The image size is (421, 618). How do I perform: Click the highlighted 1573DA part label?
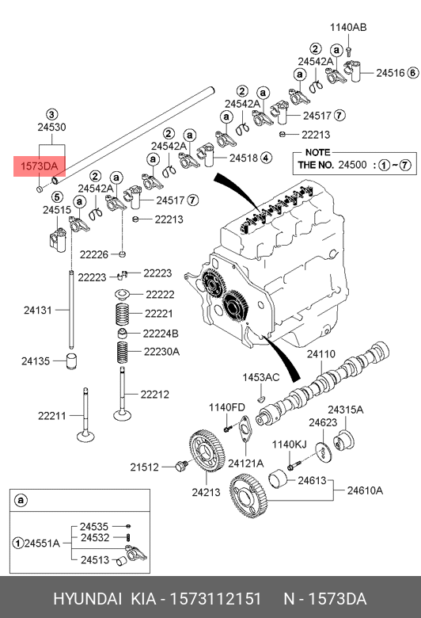click(40, 166)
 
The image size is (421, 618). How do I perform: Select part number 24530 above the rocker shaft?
click(51, 127)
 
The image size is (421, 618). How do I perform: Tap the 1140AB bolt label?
click(348, 27)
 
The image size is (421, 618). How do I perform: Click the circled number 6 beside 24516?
click(413, 73)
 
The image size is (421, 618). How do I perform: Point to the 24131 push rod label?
click(38, 310)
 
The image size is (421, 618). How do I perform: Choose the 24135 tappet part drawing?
click(71, 361)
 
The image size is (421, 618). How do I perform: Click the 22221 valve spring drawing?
click(123, 314)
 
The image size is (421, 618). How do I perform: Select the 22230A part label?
click(161, 351)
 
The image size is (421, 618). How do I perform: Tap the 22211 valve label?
click(52, 415)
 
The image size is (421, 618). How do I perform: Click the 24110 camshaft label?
click(321, 353)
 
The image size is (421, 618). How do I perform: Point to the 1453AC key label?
click(260, 377)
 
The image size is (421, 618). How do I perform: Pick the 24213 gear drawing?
click(207, 451)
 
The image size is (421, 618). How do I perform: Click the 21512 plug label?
click(144, 467)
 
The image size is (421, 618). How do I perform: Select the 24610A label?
click(365, 490)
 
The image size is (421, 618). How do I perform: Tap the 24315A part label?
click(346, 410)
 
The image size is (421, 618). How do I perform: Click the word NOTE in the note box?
click(318, 152)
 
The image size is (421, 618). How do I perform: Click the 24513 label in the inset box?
click(95, 559)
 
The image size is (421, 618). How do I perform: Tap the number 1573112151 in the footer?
click(215, 599)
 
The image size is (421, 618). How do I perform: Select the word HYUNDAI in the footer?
click(87, 599)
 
